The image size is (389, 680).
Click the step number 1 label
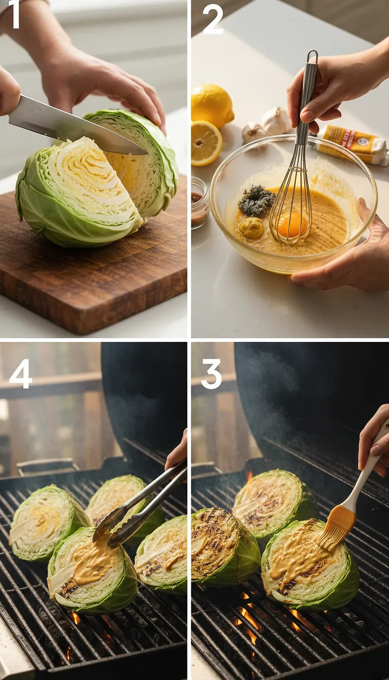coord(14,15)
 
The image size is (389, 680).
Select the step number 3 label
coord(212,374)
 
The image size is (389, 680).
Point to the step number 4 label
coord(20,374)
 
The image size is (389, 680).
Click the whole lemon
coord(211,105)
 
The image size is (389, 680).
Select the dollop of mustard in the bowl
coord(252,228)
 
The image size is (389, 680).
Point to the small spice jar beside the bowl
coord(199,202)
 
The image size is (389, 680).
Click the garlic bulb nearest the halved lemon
coord(253,133)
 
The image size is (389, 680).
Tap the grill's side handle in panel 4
coord(48,465)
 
